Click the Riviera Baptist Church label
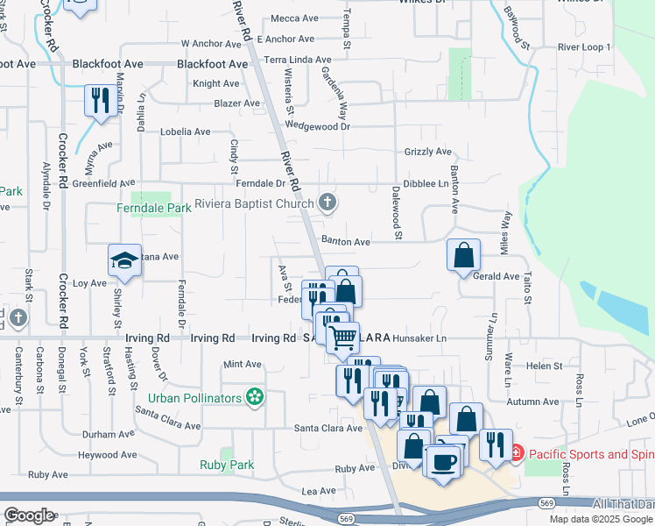tap(254, 204)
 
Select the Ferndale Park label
tap(155, 209)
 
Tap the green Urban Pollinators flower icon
tap(255, 398)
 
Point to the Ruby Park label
tap(226, 466)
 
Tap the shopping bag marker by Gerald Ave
tap(463, 255)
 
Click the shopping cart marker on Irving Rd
tap(343, 337)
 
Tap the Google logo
tap(29, 515)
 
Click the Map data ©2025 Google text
tap(602, 519)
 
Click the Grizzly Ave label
tap(428, 152)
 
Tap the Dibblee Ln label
tap(426, 184)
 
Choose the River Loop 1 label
tap(584, 46)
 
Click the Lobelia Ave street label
tap(185, 131)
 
